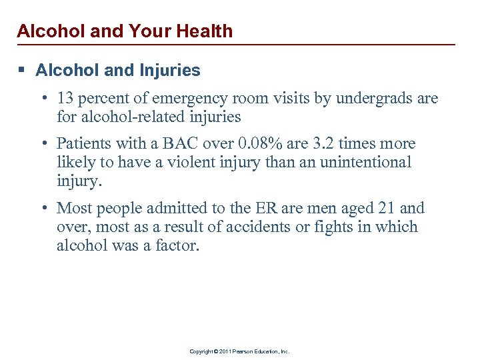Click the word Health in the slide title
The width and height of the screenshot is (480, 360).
[202, 31]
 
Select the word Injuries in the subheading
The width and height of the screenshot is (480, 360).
[171, 69]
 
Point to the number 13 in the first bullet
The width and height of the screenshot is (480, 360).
[65, 99]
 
